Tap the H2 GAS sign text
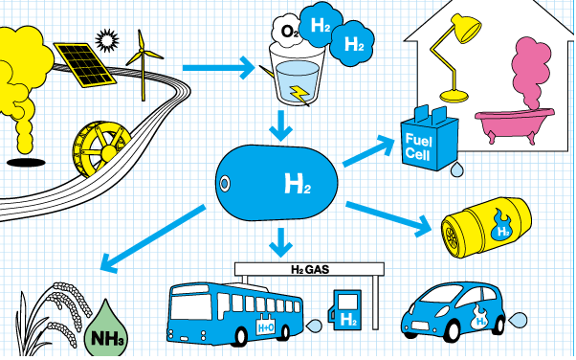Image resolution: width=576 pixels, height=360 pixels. click(x=311, y=270)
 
